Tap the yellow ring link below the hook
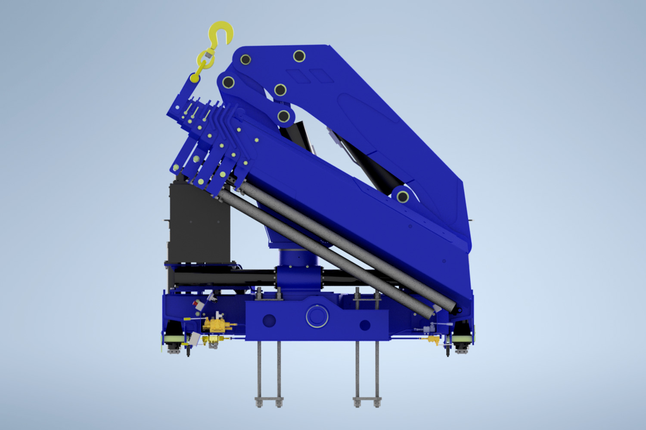pyautogui.click(x=205, y=58)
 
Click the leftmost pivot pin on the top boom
pyautogui.click(x=228, y=82)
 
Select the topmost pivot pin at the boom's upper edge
pyautogui.click(x=299, y=56)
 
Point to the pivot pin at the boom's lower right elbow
pyautogui.click(x=403, y=197)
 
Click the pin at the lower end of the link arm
pyautogui.click(x=283, y=116)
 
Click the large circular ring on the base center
pyautogui.click(x=317, y=316)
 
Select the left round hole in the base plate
pyautogui.click(x=269, y=320)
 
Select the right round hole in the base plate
pyautogui.click(x=365, y=325)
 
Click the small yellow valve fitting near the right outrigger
pyautogui.click(x=432, y=340)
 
